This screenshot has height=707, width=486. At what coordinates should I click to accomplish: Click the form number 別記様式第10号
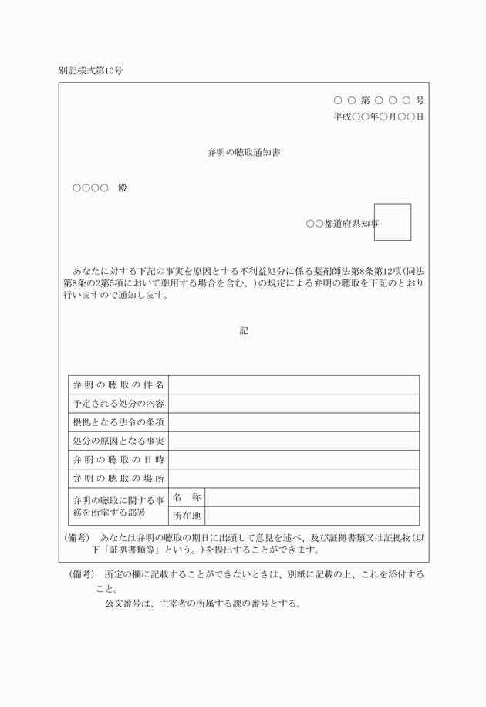point(90,70)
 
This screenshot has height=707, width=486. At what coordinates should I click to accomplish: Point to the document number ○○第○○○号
point(379,100)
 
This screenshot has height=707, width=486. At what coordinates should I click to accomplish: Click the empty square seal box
point(392,222)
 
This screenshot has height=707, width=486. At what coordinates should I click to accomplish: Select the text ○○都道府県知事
point(342,224)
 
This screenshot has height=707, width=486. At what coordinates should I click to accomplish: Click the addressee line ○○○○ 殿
point(100,188)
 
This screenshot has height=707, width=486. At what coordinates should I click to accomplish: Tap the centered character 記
point(243,330)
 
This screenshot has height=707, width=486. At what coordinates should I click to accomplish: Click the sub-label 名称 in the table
point(187,497)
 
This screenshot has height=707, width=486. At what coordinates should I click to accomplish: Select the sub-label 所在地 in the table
point(187,516)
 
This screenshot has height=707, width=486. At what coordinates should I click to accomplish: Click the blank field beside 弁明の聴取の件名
point(294,384)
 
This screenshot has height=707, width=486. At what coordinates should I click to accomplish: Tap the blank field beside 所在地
point(312,516)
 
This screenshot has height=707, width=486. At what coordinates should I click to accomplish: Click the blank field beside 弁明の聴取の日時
point(294,459)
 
